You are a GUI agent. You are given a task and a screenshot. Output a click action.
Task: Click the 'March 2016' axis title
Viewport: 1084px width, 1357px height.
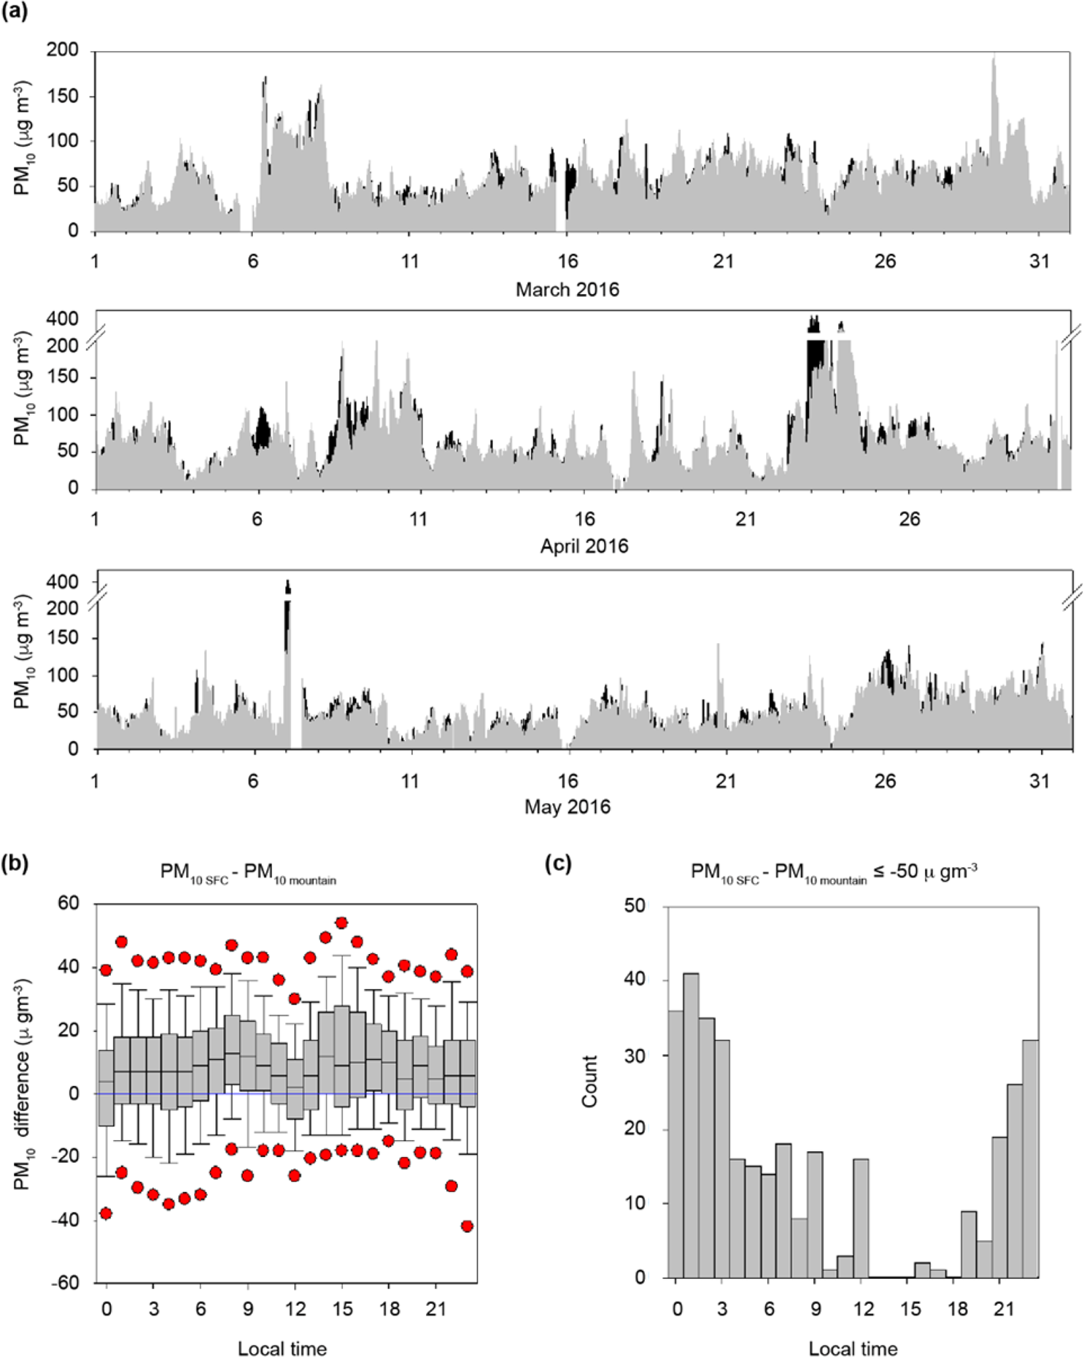tap(567, 290)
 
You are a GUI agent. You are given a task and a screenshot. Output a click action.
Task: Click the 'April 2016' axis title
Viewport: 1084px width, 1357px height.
tap(584, 546)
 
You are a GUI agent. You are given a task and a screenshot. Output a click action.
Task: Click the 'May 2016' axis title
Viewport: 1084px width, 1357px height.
tap(567, 807)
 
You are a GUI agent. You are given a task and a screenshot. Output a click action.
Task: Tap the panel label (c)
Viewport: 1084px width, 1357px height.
tap(558, 864)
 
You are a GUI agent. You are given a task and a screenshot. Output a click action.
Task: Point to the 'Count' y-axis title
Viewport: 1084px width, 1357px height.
tap(589, 1081)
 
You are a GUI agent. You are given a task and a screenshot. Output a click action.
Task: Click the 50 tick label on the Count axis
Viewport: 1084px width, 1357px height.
tap(635, 906)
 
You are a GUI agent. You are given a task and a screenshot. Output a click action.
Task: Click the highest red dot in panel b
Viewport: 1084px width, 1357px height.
tap(341, 923)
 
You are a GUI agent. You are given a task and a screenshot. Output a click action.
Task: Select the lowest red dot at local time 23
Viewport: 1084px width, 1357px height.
tap(467, 1226)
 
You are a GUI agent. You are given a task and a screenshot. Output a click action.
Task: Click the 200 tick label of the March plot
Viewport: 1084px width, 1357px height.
tap(62, 50)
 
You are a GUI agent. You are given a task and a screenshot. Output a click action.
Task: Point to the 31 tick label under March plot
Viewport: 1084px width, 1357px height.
tap(1039, 261)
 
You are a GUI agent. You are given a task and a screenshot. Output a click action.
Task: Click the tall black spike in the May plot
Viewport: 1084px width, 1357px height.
tap(287, 620)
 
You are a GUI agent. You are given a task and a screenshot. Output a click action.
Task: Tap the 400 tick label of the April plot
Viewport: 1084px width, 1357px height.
tap(62, 319)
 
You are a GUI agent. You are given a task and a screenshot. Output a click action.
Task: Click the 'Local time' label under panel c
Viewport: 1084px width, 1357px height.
tap(853, 1349)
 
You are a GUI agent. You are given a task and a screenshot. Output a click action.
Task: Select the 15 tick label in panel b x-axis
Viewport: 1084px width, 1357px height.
tap(341, 1309)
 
